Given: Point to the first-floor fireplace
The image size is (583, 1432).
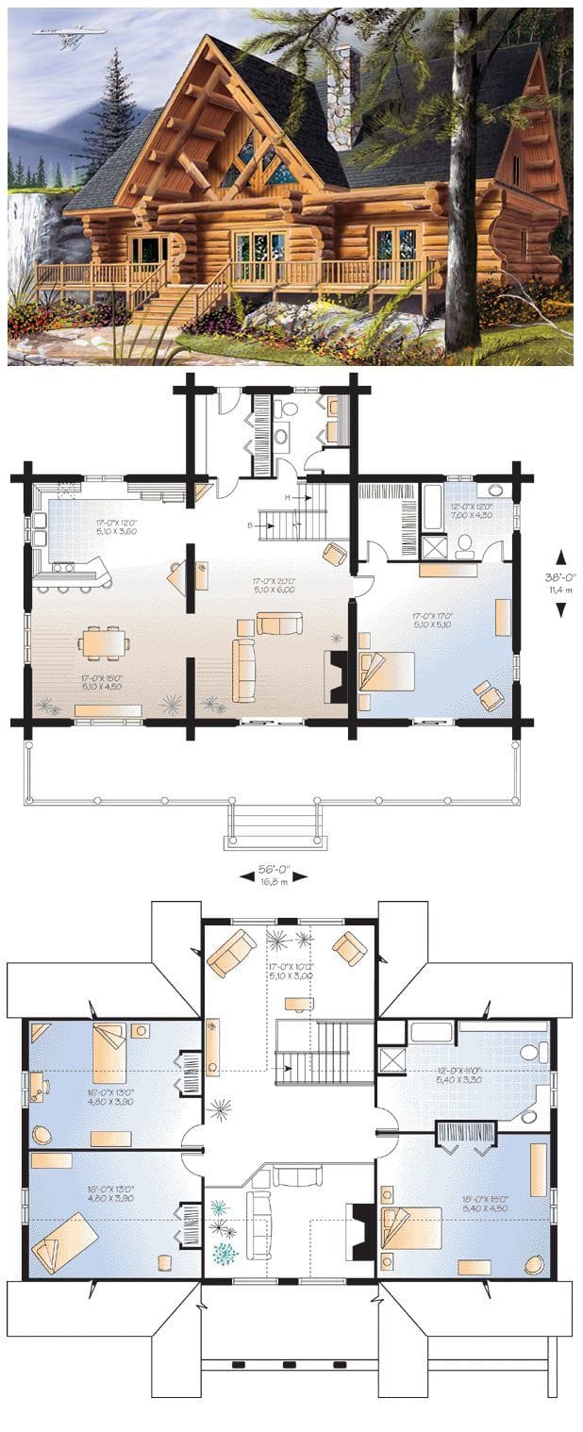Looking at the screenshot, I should pyautogui.click(x=335, y=676).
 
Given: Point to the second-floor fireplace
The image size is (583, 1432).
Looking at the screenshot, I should pyautogui.click(x=361, y=1231).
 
